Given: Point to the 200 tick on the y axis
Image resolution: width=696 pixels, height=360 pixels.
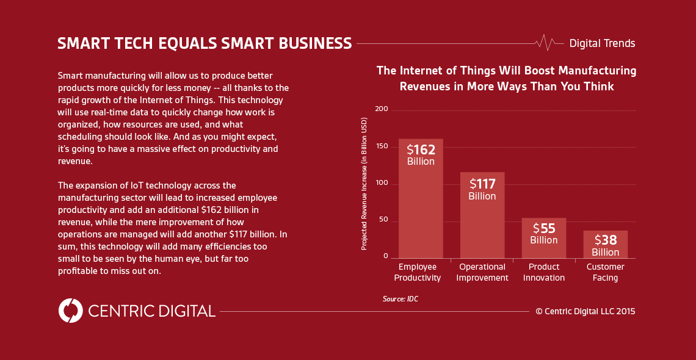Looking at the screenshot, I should click(382, 109).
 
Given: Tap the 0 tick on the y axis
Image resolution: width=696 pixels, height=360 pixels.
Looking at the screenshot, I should click(386, 256).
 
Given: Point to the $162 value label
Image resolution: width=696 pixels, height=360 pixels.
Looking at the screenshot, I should click(421, 149).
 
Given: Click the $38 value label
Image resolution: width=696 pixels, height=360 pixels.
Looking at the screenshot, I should click(605, 240).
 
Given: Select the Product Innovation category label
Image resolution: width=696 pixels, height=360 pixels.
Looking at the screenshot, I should click(543, 272).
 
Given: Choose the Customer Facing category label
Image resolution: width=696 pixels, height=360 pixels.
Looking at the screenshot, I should click(605, 272).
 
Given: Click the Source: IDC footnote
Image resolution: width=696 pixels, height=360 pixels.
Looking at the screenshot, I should click(401, 299).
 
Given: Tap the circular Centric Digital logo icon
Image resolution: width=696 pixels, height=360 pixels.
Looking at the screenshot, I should click(71, 311).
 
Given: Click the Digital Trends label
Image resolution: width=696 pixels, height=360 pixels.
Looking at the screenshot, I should click(602, 43).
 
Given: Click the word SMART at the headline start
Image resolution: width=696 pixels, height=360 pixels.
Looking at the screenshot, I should click(83, 43).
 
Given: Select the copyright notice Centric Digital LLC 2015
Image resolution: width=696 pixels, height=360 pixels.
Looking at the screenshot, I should click(585, 311).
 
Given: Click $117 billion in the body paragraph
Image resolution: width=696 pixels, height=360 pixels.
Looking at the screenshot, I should click(249, 234).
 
